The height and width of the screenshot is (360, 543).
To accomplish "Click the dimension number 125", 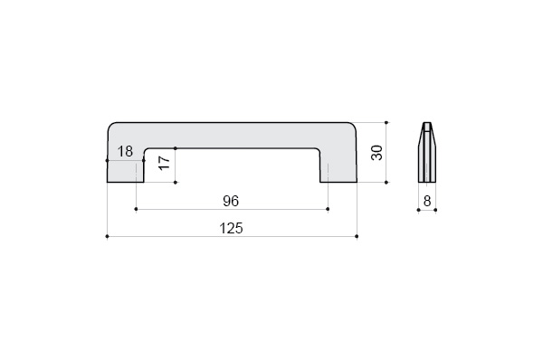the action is tap(231, 229).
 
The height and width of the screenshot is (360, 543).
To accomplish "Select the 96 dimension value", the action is tap(231, 201).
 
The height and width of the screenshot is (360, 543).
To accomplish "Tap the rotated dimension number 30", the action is tap(376, 153).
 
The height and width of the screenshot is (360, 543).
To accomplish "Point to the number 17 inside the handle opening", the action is tap(165, 163).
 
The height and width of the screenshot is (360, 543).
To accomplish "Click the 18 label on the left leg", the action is tap(125, 151).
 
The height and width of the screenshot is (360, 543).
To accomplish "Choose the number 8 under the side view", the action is tap(427, 201).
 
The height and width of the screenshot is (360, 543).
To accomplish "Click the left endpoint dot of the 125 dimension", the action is tap(107, 236).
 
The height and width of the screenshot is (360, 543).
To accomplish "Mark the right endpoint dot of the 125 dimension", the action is tap(357, 236).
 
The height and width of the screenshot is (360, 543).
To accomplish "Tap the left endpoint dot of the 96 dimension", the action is tap(136, 209).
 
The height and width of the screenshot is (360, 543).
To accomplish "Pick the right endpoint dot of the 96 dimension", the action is tap(328, 209).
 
